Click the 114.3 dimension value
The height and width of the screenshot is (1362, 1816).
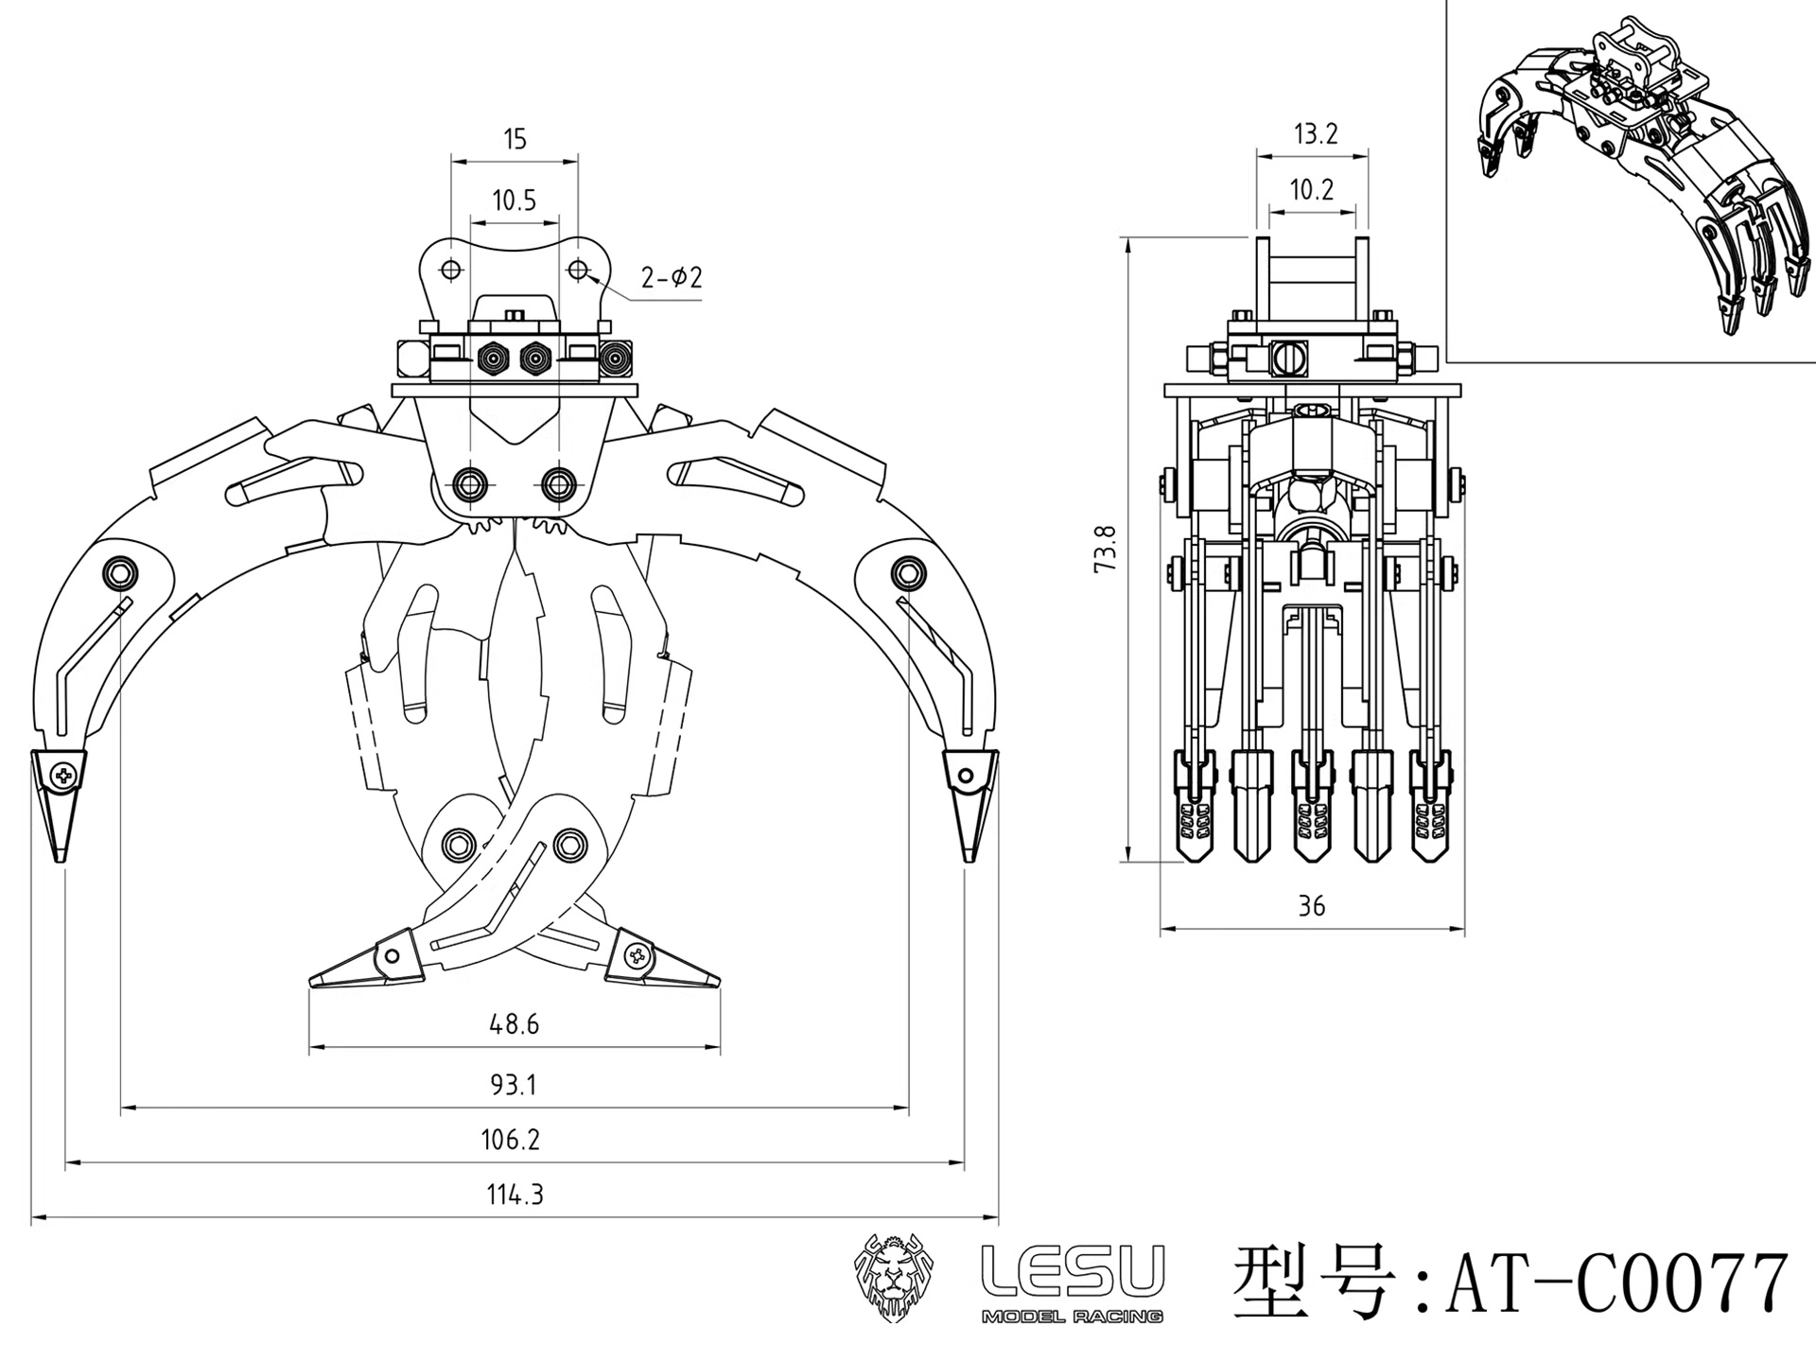[515, 1195]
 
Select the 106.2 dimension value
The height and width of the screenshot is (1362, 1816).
[510, 1140]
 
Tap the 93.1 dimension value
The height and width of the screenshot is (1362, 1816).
[513, 1085]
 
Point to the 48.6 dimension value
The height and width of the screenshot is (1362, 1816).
[514, 1024]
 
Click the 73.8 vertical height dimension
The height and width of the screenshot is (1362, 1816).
[1106, 548]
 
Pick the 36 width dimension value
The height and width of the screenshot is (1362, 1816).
[1311, 906]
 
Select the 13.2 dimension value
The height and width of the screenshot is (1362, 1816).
[1315, 134]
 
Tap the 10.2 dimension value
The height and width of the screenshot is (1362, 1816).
[1312, 190]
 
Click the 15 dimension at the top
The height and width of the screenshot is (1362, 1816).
[514, 140]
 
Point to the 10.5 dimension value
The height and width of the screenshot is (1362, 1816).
[514, 201]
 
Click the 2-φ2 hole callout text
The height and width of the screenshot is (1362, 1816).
[672, 278]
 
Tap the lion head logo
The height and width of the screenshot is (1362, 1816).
[894, 1276]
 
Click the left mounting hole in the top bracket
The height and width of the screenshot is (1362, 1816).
[451, 271]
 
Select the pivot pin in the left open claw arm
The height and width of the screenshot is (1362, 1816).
[122, 571]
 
